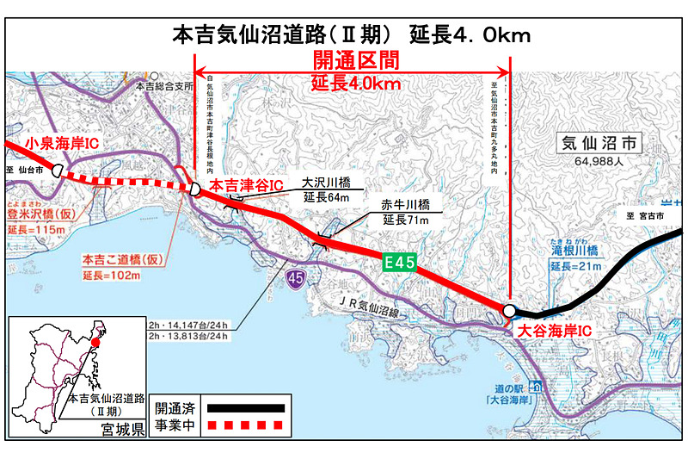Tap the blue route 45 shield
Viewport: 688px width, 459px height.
click(x=296, y=277)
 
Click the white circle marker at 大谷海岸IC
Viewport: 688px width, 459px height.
click(x=509, y=310)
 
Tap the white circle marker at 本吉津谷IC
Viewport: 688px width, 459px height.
click(x=196, y=189)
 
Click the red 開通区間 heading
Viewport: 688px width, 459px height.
click(x=355, y=62)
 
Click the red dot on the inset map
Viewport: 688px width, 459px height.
click(x=95, y=344)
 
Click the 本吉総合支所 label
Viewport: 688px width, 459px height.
click(x=166, y=87)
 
